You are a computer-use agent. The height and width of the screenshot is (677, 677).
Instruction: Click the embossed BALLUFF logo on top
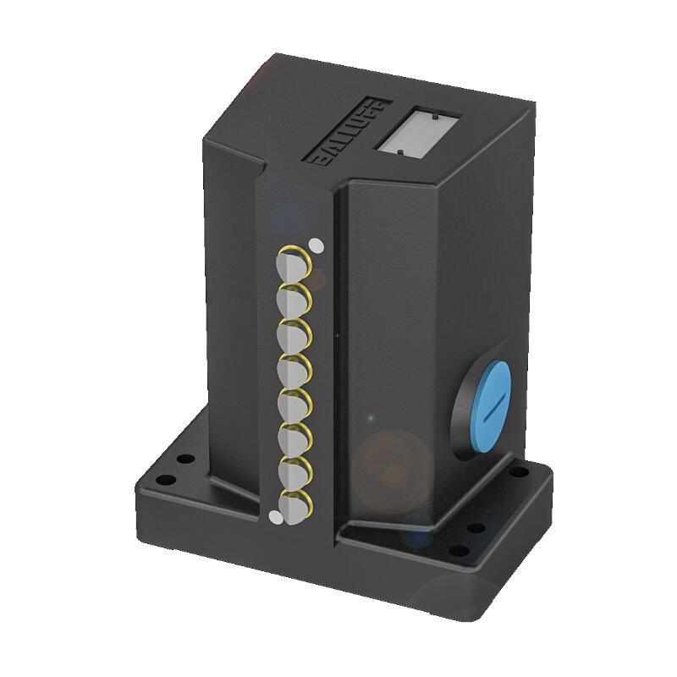(352, 132)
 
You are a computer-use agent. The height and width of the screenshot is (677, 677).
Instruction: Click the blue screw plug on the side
(490, 406)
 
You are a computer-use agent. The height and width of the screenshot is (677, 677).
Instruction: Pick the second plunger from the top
(294, 300)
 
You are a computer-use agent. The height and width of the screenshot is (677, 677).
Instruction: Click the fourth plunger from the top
(294, 371)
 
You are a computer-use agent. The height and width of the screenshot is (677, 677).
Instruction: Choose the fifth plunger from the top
(294, 405)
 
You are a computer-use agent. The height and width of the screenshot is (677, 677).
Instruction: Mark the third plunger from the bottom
(294, 439)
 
